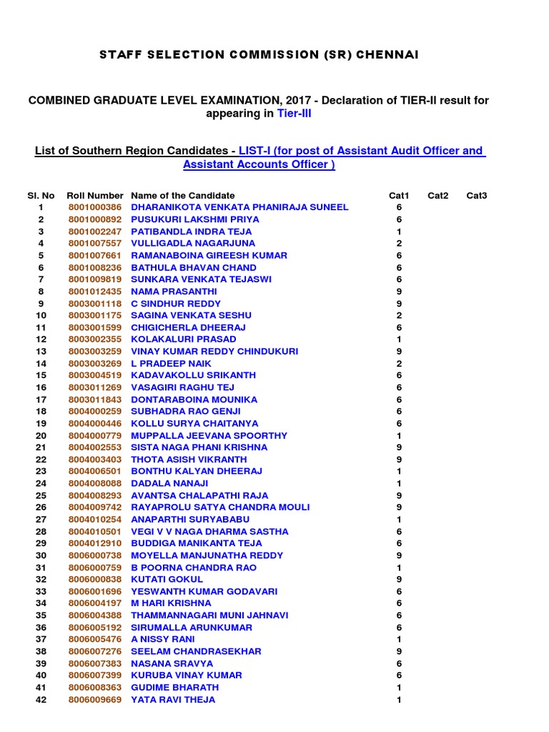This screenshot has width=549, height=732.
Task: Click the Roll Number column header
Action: [x=95, y=195]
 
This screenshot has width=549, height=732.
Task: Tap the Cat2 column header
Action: [x=438, y=195]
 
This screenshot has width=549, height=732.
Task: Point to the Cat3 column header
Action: [x=477, y=195]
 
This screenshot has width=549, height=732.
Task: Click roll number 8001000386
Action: [x=95, y=207]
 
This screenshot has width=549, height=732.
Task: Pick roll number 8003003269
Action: [x=95, y=363]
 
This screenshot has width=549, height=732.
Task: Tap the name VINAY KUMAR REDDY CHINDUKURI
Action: [x=214, y=351]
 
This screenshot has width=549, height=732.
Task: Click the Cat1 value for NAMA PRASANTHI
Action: [x=399, y=292]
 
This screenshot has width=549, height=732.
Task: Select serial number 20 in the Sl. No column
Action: [x=41, y=435]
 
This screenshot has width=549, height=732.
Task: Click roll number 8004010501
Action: [x=95, y=531]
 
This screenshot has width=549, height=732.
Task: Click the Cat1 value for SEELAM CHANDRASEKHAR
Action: [x=399, y=651]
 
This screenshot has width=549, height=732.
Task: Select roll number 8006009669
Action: [x=95, y=699]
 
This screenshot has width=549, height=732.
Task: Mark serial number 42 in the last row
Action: [x=41, y=699]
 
